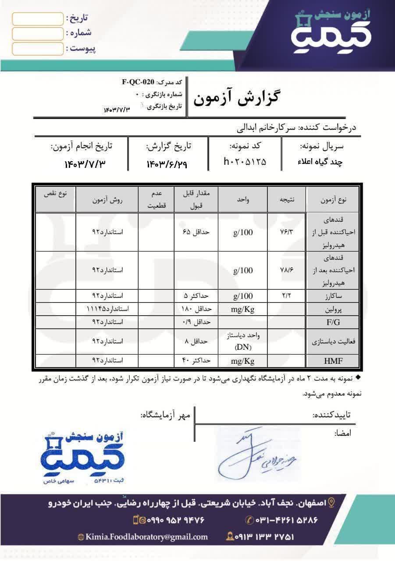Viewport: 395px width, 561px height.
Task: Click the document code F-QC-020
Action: (x=138, y=82)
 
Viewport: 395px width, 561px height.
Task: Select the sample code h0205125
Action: (x=245, y=162)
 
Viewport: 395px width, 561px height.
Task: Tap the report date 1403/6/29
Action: (x=169, y=164)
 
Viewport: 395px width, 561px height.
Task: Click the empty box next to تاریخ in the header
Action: (x=38, y=18)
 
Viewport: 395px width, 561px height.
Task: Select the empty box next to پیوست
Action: (x=38, y=48)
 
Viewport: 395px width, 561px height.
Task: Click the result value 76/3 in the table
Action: (x=287, y=232)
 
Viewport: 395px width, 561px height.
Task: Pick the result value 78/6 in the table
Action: (x=287, y=270)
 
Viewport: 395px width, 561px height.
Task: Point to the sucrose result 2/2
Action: (x=287, y=295)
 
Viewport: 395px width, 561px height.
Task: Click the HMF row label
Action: (x=333, y=361)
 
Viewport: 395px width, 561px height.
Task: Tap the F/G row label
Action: (x=333, y=322)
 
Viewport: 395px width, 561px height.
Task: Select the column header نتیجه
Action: (x=287, y=199)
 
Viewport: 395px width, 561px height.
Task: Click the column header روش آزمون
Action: (x=107, y=199)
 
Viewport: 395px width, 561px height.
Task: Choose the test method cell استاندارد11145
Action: (x=107, y=309)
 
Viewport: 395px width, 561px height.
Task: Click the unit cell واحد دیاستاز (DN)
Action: (x=243, y=341)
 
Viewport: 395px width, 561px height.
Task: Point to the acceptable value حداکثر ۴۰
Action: (x=196, y=361)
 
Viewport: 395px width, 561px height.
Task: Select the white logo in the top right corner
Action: (x=332, y=31)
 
